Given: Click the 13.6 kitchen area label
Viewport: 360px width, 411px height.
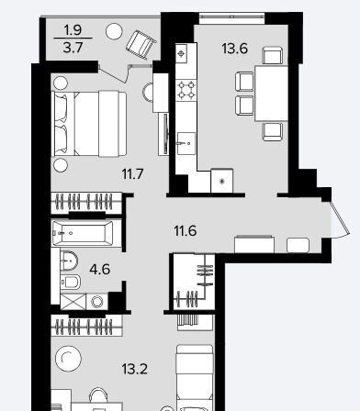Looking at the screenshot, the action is tap(234, 49).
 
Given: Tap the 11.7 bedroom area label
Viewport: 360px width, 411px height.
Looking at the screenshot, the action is tap(132, 174).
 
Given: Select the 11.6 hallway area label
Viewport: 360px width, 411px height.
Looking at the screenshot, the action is tap(185, 230).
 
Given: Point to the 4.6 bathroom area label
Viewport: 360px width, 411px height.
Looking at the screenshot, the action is tap(100, 269).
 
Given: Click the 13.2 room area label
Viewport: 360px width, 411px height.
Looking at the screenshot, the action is tap(134, 369).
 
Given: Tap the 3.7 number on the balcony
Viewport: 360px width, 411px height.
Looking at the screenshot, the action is tap(73, 48).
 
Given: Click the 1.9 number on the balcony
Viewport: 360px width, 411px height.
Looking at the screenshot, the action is tap(73, 30).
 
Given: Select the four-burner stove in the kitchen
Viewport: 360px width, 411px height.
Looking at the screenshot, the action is tap(186, 90).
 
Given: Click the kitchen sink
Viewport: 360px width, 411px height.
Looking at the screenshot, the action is tap(186, 143).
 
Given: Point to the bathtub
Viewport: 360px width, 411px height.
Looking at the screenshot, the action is tap(83, 233).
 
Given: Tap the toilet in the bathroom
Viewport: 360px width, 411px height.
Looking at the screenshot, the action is tap(70, 283).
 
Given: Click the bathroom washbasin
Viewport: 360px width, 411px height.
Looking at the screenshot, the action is tap(69, 261).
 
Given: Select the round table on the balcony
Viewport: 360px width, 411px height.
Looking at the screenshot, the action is tap(114, 31).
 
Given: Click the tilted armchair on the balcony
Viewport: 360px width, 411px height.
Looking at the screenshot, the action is tap(141, 44).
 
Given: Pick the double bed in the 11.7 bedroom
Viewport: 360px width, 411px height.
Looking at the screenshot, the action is tap(89, 124).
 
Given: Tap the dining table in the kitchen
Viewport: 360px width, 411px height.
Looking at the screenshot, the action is tap(271, 94).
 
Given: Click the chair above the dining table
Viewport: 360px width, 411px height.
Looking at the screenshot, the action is tap(273, 55).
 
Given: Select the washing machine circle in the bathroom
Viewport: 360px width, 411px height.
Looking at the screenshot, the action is tap(97, 302).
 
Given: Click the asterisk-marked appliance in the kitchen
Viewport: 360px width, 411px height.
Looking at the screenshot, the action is tap(222, 181).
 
